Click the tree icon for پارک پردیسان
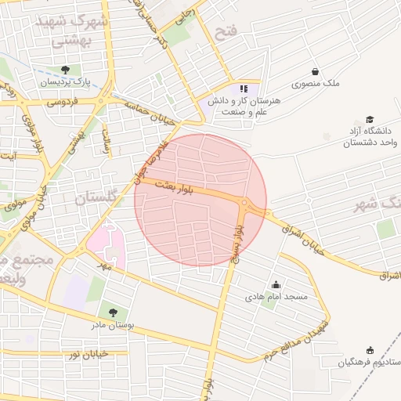pos(75,70)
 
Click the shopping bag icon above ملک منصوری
pos(316,71)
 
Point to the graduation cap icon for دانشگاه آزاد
pos(370,119)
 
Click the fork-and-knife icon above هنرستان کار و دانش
pos(244,89)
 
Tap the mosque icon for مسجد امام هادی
pos(276,285)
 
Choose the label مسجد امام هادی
pos(276,297)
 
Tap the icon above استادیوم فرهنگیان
pos(370,351)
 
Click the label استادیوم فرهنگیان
pos(367,363)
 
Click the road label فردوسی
pos(63,102)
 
